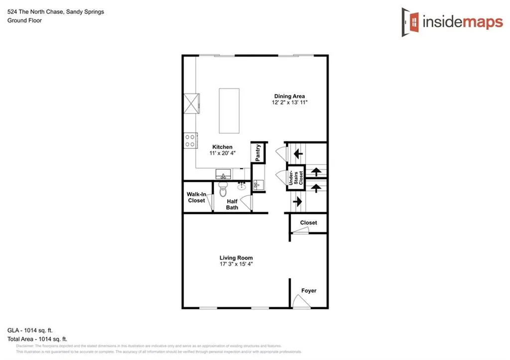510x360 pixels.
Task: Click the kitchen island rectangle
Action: pyautogui.click(x=229, y=111)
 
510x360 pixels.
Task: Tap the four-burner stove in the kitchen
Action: pyautogui.click(x=190, y=140)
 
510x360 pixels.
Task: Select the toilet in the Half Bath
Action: pyautogui.click(x=223, y=190)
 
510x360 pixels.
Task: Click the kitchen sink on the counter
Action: pyautogui.click(x=223, y=175)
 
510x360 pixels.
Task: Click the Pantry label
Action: pyautogui.click(x=258, y=152)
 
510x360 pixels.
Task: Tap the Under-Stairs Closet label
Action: pyautogui.click(x=296, y=178)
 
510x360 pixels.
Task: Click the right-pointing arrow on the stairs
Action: pyautogui.click(x=297, y=202)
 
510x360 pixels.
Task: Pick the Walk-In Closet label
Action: pyautogui.click(x=196, y=197)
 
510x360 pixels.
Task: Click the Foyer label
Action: pyautogui.click(x=308, y=291)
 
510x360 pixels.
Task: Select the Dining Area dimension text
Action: pyautogui.click(x=289, y=103)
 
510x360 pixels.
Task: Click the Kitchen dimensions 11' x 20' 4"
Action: pyautogui.click(x=222, y=153)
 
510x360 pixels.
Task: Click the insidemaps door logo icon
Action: pyautogui.click(x=410, y=21)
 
